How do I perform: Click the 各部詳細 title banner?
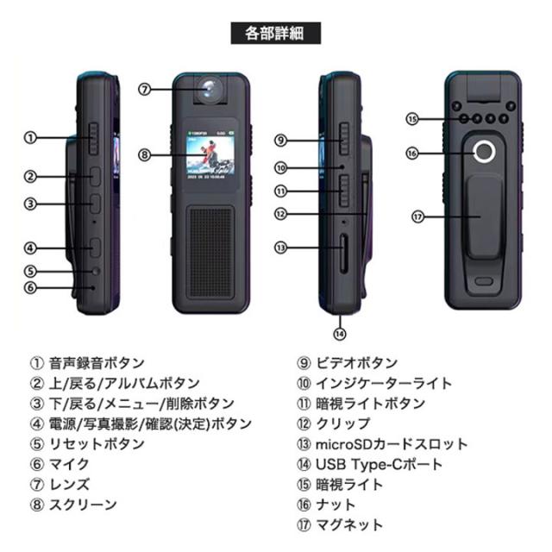276,33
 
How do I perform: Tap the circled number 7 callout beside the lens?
144,90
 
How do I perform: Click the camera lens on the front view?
210,89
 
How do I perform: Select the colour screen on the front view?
210,155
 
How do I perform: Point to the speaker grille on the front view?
210,253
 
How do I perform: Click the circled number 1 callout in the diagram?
30,138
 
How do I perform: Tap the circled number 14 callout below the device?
340,334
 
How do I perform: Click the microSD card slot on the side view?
344,254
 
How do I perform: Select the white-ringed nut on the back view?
484,152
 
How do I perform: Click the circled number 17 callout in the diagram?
417,216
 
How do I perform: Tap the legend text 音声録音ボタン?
97,363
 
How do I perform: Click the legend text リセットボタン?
97,444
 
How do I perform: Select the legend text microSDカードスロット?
392,444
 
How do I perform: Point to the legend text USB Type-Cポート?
379,464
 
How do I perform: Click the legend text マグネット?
349,525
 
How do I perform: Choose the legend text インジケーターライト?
384,383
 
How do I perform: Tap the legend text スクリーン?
83,505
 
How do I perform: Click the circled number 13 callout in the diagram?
280,248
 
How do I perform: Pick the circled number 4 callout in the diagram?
30,248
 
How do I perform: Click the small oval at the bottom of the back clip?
484,281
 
